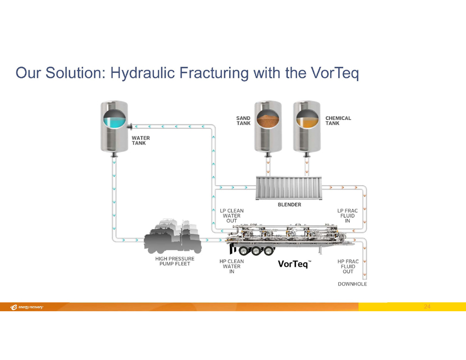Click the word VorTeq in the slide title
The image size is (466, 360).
[335, 73]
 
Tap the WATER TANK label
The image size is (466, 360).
[141, 140]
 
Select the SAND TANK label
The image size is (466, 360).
[243, 121]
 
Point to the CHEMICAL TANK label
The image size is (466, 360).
[338, 121]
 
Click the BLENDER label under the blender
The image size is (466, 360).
[289, 204]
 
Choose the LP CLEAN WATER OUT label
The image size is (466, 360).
[232, 216]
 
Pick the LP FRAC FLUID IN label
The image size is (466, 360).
[348, 216]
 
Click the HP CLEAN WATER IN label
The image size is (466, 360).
[231, 266]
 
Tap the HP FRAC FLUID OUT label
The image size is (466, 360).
[348, 266]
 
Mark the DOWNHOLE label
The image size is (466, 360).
[353, 284]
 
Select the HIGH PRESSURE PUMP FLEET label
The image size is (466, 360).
[175, 261]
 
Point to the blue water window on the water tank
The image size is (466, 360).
[115, 119]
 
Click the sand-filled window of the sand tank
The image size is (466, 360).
[268, 119]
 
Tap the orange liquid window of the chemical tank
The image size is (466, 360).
[308, 119]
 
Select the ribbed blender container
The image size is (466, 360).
[289, 188]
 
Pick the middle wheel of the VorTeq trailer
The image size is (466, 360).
[256, 251]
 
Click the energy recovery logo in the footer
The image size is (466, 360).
[27, 307]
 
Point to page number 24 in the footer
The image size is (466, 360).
[427, 306]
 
